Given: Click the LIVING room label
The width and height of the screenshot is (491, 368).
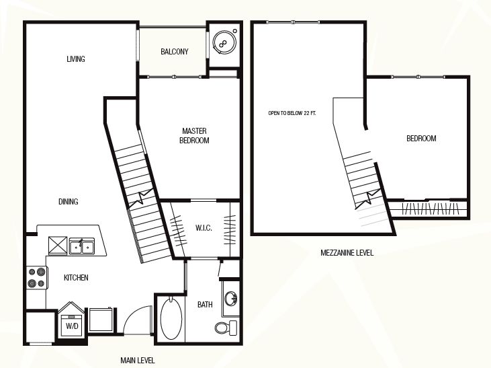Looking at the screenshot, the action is click(76, 59).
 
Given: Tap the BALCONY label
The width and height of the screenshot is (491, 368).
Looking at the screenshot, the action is click(175, 51).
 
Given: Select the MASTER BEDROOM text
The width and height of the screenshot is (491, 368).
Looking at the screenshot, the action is click(194, 135).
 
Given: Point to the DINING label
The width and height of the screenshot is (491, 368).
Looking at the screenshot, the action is click(69, 201).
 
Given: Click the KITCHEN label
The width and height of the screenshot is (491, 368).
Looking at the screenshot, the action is click(76, 278).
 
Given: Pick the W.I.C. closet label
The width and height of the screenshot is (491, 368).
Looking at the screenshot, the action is click(204, 228).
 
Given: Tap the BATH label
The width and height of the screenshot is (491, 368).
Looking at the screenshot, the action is click(205, 304).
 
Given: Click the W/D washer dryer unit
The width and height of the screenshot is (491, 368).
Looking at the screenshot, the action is click(72, 321).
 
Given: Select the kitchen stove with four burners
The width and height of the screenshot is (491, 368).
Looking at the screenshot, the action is click(37, 278).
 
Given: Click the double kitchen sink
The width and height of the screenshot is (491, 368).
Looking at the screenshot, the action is click(82, 246).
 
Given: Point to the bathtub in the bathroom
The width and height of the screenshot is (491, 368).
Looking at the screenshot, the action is click(171, 318).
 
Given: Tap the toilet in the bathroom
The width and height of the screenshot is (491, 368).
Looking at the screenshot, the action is click(226, 328).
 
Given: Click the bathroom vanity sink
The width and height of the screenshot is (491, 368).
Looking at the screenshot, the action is click(232, 298).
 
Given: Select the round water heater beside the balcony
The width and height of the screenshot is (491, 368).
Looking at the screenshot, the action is click(224, 42).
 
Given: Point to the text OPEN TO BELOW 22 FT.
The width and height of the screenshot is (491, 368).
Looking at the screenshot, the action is click(292, 113).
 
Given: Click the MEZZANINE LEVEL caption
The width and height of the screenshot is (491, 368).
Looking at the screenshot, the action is click(347, 252).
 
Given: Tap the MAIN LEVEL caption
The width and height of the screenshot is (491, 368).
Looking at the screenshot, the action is click(138, 361).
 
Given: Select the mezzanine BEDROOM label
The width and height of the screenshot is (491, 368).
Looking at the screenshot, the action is click(421, 139).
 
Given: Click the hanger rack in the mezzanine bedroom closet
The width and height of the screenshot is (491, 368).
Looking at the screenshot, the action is click(431, 209).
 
